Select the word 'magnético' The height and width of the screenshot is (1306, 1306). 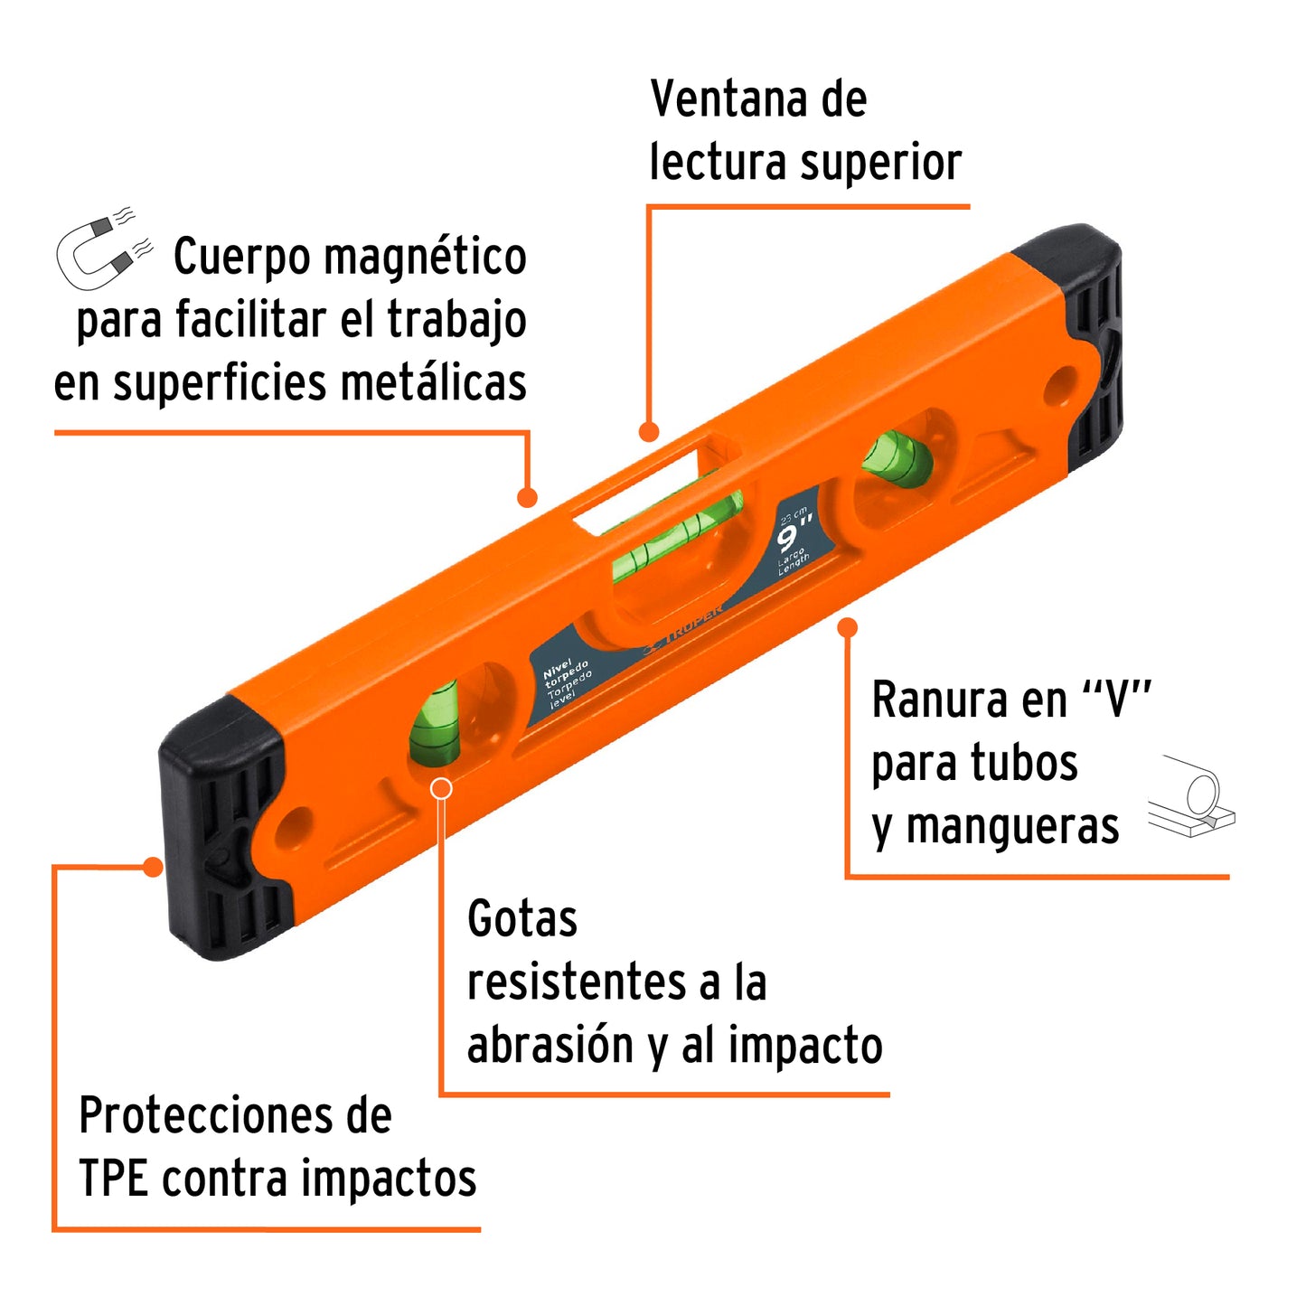coord(425,258)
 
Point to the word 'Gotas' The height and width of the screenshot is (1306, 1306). coord(521,919)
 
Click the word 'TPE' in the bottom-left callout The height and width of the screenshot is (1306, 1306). coord(113,1179)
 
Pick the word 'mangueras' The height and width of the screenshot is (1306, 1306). coord(1012,827)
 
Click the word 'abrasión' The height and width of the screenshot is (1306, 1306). coord(550,1046)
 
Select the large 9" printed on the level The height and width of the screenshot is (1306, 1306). coord(794,536)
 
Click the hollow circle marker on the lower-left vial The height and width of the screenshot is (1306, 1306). coord(441,788)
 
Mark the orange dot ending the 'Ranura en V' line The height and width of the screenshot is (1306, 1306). coord(848,627)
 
